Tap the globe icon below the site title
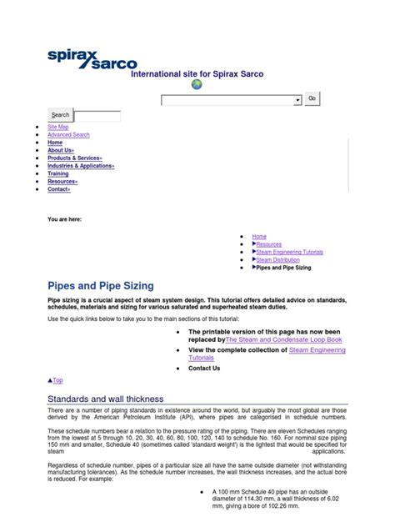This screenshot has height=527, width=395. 197,84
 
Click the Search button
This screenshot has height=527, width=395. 61,115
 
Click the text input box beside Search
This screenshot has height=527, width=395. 97,115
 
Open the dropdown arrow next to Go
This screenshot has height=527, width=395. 297,100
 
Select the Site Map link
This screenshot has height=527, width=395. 58,127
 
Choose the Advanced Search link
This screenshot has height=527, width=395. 68,135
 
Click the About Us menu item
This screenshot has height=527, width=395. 60,150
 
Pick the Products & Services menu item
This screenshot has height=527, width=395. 75,158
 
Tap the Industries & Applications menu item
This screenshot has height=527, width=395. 81,166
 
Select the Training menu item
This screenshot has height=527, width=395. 58,173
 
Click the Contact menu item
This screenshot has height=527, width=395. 59,189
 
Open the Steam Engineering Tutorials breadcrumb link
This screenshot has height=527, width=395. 289,252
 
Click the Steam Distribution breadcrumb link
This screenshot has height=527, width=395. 277,260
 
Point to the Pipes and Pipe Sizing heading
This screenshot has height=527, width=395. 100,285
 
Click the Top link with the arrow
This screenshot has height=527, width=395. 56,380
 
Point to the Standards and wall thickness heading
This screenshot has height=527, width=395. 106,399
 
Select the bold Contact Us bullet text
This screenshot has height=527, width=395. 204,368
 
